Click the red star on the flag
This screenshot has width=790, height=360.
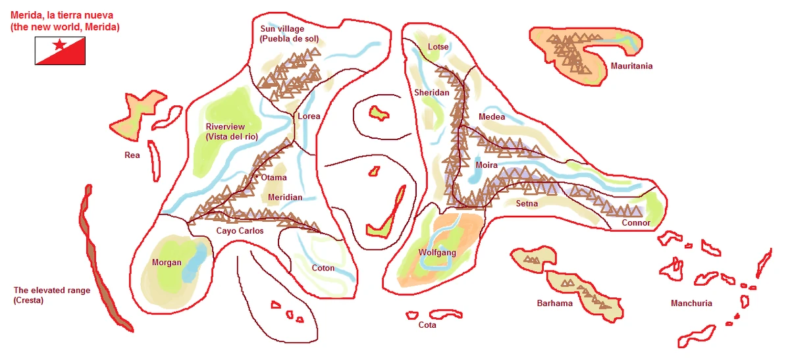click(x=59, y=45)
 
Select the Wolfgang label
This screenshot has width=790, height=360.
click(x=437, y=252)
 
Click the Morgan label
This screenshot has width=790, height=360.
click(x=167, y=263)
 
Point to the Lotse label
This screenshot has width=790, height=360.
click(x=438, y=47)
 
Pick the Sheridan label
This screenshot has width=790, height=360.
click(x=431, y=93)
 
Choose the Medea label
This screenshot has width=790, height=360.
click(x=492, y=116)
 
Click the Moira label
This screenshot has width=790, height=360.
click(x=487, y=165)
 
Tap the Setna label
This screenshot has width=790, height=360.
click(x=527, y=203)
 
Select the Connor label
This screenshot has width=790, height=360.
click(x=636, y=222)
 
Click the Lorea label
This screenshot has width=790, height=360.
click(x=309, y=116)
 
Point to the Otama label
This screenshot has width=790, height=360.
click(x=274, y=178)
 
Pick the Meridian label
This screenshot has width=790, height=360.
click(x=285, y=197)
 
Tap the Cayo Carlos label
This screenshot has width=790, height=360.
click(x=240, y=231)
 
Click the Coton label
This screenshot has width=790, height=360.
click(x=323, y=268)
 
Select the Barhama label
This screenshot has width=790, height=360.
click(x=554, y=303)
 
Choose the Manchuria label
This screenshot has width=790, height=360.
click(x=691, y=303)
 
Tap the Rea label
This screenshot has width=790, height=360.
click(x=132, y=155)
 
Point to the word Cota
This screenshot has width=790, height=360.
click(x=427, y=325)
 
